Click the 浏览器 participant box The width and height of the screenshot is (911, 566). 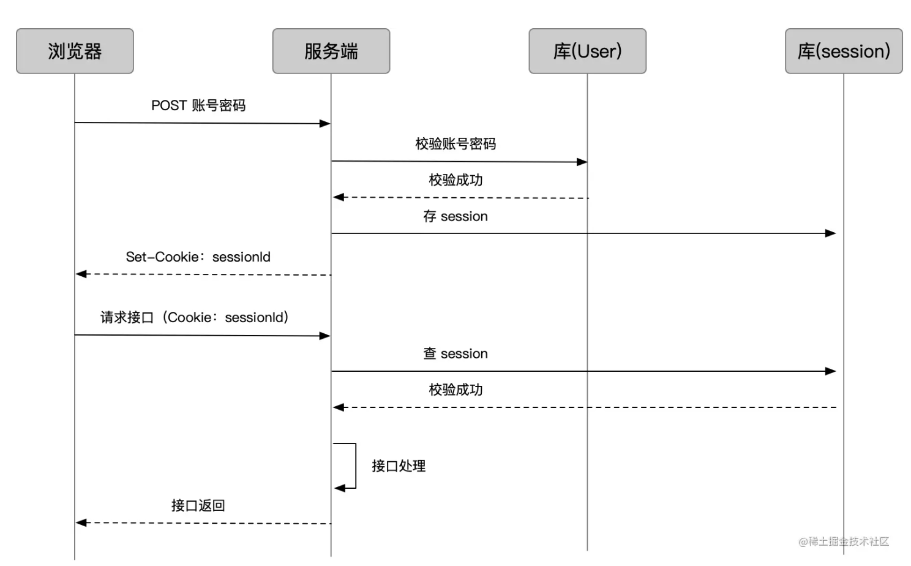coord(75,51)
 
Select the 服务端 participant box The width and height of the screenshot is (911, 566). coord(331,51)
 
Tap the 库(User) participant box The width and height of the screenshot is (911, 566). coord(587,51)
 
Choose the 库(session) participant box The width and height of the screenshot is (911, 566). coord(843,51)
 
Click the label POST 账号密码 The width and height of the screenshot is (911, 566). coord(198,105)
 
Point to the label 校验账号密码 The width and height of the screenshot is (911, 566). coord(455,144)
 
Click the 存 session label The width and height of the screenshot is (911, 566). coord(455,216)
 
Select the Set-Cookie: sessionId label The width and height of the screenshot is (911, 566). coord(198,257)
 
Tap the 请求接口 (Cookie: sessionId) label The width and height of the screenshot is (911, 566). coord(195,317)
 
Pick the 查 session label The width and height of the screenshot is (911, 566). coord(455,353)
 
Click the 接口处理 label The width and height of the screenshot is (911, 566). coord(399,466)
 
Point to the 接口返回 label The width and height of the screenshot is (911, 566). coord(198,505)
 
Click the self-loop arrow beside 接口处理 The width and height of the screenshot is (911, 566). coord(355,466)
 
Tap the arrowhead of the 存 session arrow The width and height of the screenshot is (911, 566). coord(831,233)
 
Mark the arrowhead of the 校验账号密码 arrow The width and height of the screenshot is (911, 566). coord(582,162)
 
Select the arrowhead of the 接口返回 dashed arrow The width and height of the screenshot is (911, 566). coord(81,523)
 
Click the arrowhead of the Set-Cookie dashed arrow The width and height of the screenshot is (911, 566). coord(81,274)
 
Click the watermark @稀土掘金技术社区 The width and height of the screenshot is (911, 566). coord(843,541)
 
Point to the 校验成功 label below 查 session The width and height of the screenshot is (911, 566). coord(455,390)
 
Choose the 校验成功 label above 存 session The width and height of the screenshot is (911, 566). coord(455,180)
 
